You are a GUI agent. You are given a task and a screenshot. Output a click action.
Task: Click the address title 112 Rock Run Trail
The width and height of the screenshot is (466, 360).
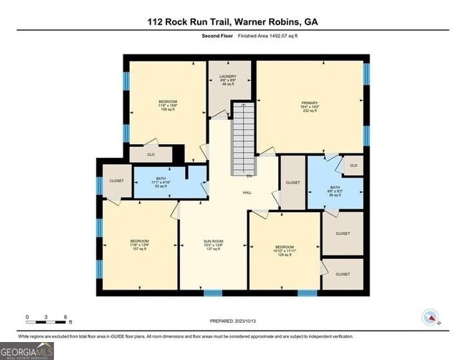[234, 22]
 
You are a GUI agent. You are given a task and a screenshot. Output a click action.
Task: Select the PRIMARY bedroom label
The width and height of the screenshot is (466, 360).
[309, 106]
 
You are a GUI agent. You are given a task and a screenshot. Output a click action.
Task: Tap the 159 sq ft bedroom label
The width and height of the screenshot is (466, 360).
[167, 105]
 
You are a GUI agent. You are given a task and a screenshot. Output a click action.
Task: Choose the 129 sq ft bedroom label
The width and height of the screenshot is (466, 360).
[285, 251]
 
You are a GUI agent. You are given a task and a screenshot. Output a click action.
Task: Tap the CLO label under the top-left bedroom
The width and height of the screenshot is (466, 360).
[151, 154]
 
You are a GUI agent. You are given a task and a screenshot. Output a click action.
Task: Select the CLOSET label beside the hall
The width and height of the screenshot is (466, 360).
[293, 183]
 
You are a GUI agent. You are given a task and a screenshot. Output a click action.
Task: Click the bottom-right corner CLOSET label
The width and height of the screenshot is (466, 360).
[343, 274]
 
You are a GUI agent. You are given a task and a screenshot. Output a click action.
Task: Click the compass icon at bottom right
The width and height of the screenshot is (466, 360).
[430, 317]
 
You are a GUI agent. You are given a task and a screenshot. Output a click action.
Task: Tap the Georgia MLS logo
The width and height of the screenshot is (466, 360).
[27, 351]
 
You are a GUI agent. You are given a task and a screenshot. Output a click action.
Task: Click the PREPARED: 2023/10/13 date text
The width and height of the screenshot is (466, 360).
[234, 321]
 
